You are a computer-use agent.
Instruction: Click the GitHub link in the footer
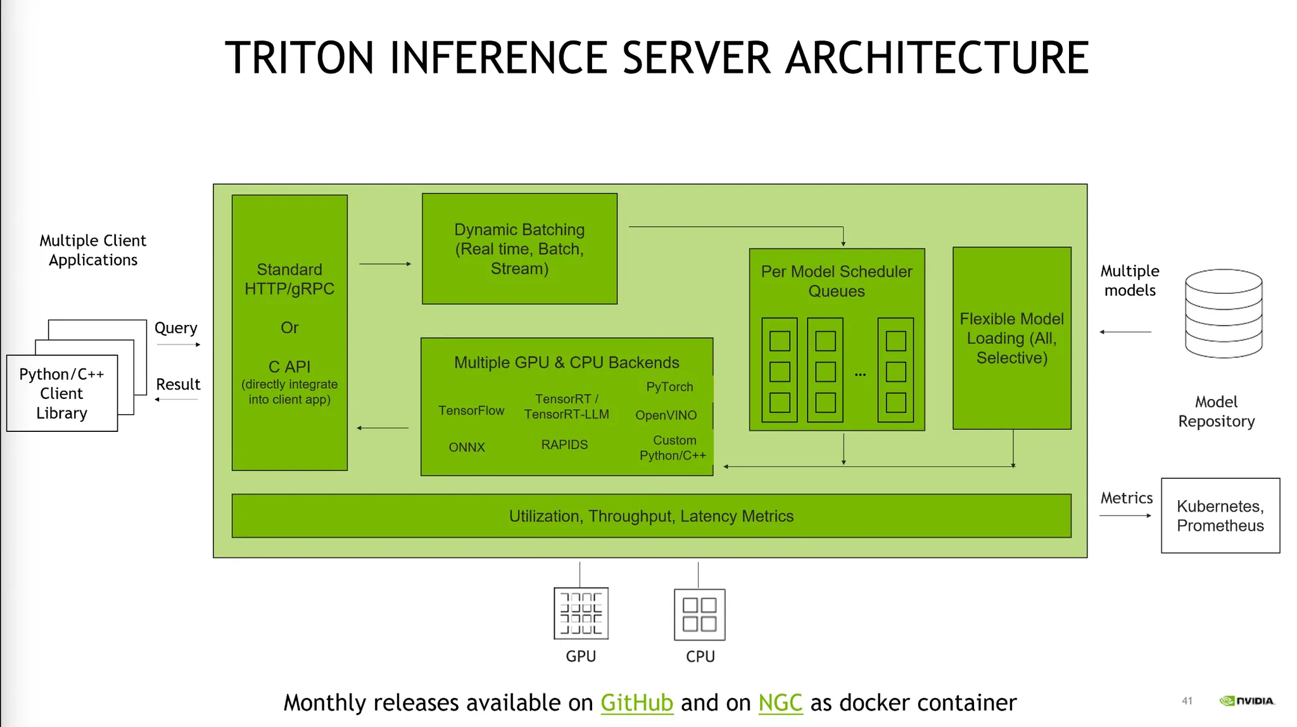pos(636,703)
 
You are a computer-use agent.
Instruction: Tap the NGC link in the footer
pos(780,703)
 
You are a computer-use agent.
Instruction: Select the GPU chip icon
pos(581,613)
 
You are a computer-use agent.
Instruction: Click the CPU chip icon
pos(699,614)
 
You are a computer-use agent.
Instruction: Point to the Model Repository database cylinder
pos(1224,313)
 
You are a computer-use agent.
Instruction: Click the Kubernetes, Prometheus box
pos(1220,515)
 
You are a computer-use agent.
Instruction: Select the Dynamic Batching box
pos(519,249)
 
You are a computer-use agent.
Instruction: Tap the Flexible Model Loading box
pos(1011,338)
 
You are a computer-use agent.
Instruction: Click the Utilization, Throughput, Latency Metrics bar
pos(651,516)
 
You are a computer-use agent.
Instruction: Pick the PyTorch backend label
pos(669,387)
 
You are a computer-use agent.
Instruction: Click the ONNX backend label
pos(467,448)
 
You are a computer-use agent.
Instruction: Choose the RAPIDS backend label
pos(564,445)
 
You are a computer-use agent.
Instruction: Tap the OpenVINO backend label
pos(666,415)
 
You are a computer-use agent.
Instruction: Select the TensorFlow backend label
pos(471,411)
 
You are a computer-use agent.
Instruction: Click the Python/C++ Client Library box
pos(61,393)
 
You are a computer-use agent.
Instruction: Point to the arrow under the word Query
pos(178,345)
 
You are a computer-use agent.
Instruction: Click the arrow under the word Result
pos(177,400)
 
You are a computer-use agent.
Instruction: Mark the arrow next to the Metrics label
pos(1125,515)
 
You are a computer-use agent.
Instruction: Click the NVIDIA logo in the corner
pos(1246,701)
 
